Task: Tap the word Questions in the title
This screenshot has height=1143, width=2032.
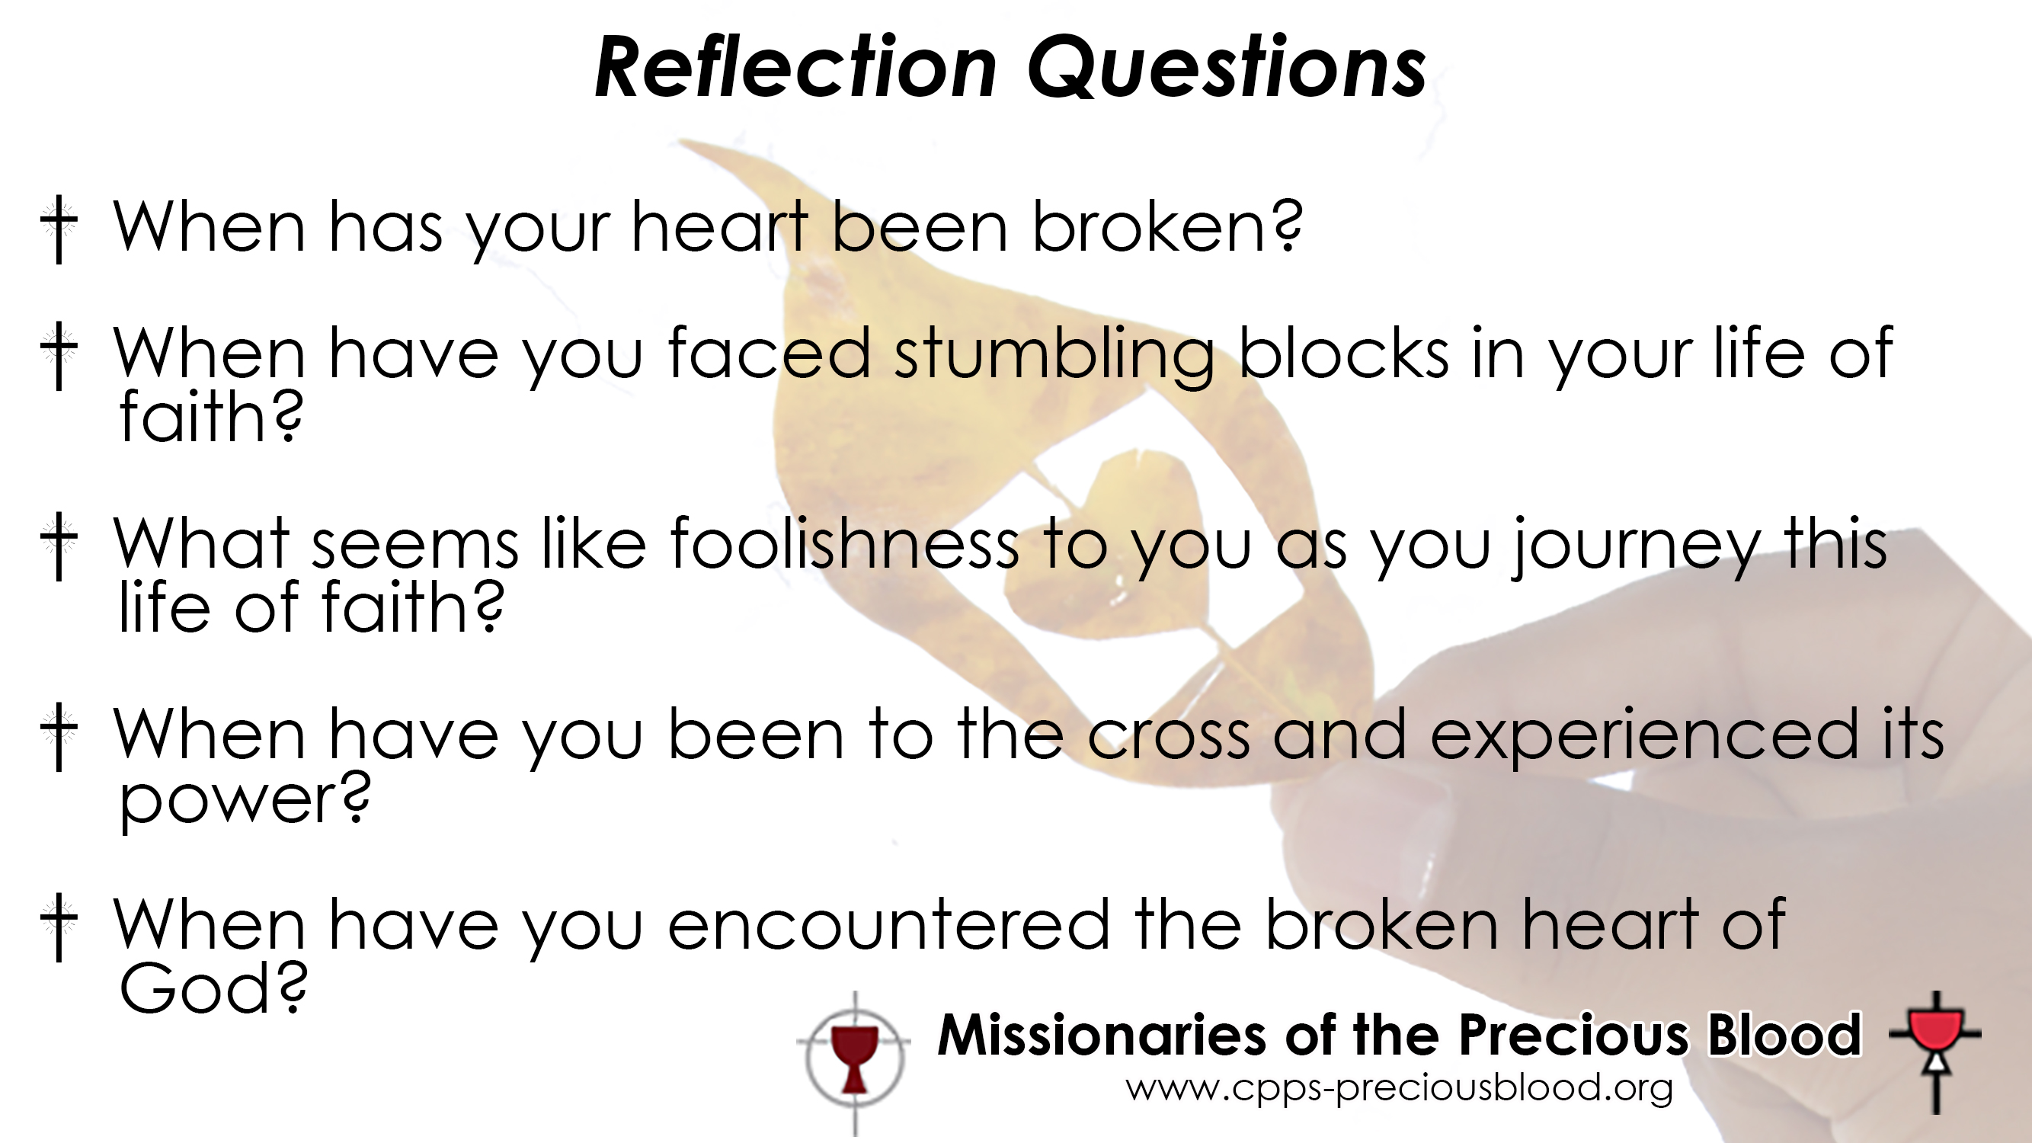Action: coord(1227,69)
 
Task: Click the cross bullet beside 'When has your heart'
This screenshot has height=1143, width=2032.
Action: coord(59,229)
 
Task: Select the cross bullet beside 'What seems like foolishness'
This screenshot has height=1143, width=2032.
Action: coord(59,546)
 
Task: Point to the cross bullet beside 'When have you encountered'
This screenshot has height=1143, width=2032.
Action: coord(59,927)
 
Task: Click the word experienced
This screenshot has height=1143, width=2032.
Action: coord(1644,737)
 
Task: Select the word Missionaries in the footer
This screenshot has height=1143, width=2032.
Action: coord(1101,1034)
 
